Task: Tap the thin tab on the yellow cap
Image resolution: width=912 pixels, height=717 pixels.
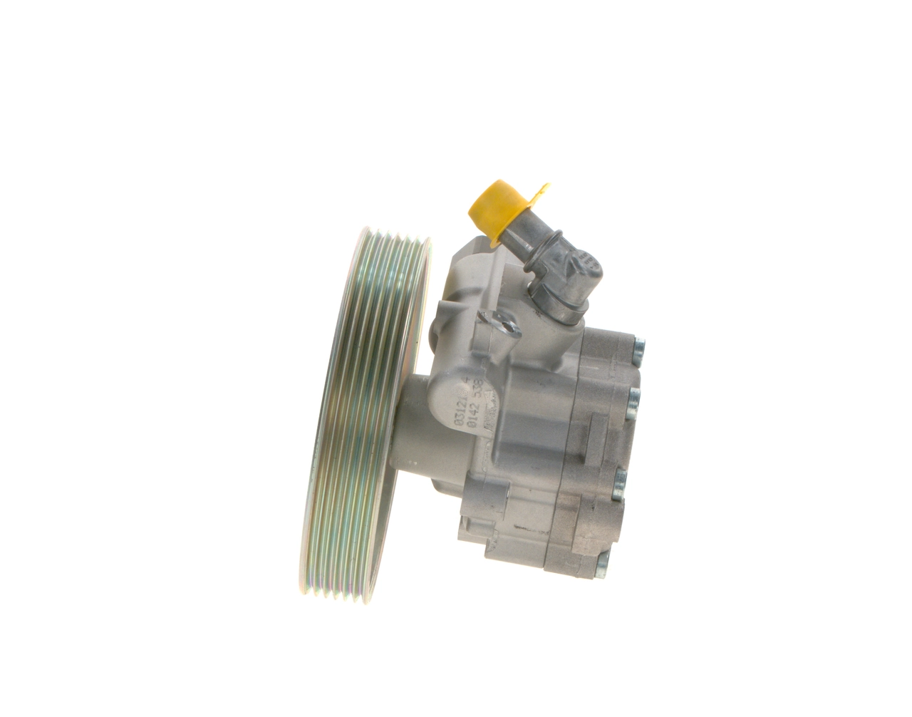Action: click(x=540, y=192)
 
